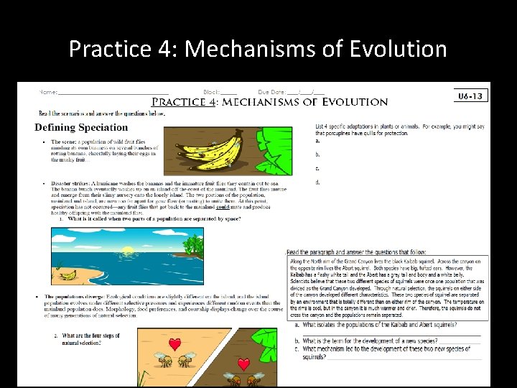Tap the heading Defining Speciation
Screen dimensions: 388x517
81,127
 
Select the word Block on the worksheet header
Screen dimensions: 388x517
210,93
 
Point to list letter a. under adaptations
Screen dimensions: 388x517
317,142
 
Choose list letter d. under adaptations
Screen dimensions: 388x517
317,183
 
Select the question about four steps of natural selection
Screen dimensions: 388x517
85,339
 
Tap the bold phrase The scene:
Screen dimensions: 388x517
65,142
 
